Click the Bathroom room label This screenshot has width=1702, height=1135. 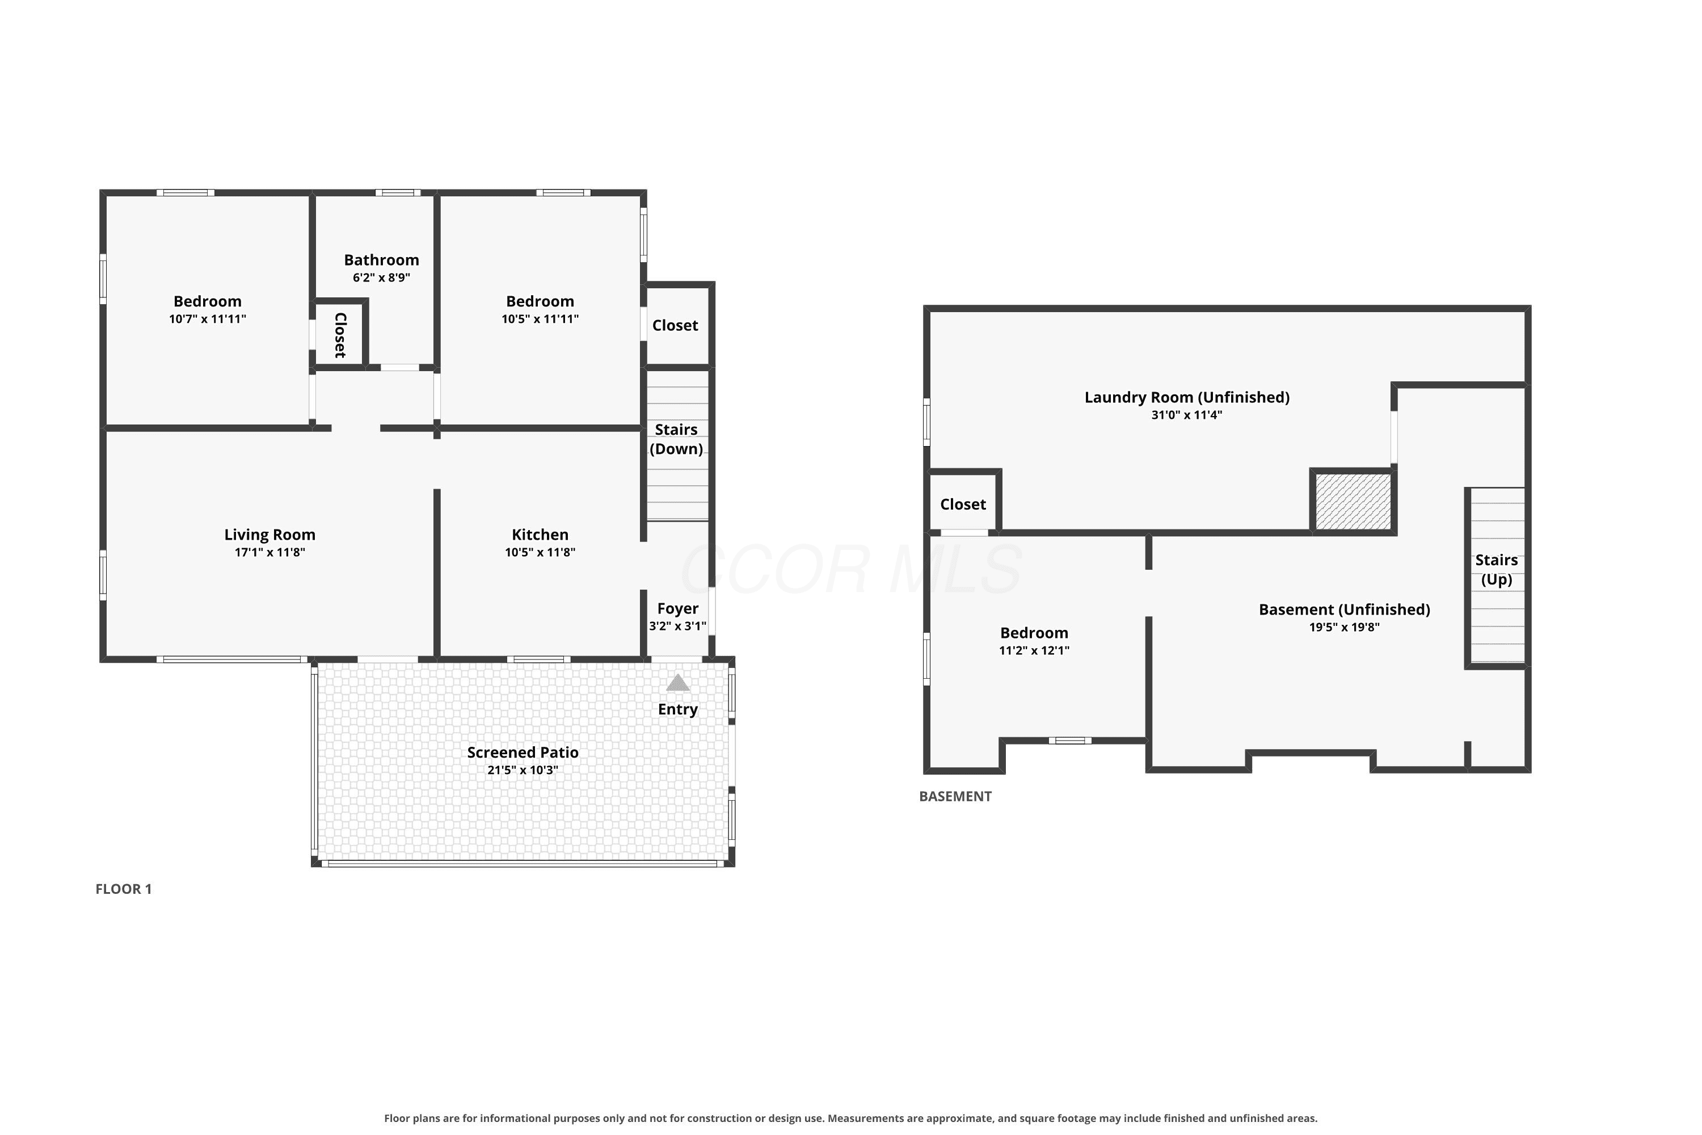pos(381,260)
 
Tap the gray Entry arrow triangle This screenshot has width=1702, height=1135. pos(677,683)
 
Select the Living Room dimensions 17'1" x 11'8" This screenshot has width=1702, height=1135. pos(270,552)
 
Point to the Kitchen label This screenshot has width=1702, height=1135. pos(540,535)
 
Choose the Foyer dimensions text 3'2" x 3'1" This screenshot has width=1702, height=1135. pos(677,626)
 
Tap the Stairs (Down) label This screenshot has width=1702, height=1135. pos(677,439)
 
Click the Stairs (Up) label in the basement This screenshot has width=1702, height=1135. pos(1497,570)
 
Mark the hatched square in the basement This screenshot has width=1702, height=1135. pos(1353,502)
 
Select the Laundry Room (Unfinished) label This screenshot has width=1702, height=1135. pos(1187,397)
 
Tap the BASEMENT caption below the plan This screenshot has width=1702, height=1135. pos(955,796)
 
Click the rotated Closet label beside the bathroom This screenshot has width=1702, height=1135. pos(340,335)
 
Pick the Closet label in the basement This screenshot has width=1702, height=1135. pos(963,505)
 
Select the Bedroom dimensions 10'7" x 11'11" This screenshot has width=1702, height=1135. pos(208,318)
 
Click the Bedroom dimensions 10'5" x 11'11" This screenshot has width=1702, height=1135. pos(540,318)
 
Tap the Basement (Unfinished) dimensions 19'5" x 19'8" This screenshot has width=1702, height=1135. pos(1345,627)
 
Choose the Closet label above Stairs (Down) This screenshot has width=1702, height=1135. pos(675,326)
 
